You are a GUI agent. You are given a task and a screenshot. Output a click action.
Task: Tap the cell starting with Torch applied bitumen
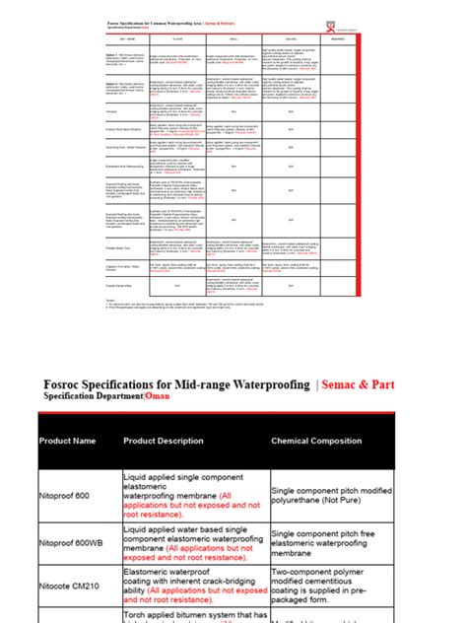(193, 616)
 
